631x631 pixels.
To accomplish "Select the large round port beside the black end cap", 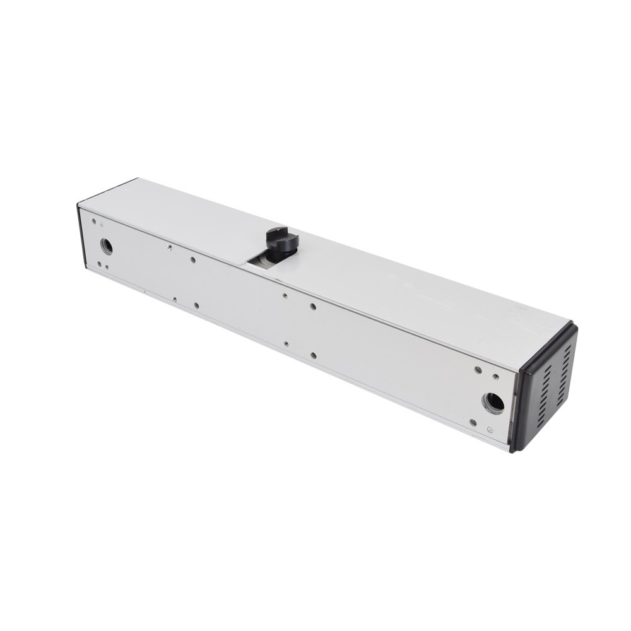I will coord(493,401).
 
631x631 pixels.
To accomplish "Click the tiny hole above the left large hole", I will coord(94,222).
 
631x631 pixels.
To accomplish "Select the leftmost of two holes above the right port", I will coord(478,369).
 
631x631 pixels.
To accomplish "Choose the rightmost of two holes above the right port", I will coord(496,377).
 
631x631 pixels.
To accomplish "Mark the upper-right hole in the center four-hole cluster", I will coord(313,307).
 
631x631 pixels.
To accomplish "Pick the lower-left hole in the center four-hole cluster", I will coord(286,344).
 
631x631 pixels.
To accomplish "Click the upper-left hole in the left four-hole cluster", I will coord(170,248).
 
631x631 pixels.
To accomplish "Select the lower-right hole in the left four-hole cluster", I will coord(197,305).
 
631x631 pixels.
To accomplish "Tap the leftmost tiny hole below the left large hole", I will coord(98,263).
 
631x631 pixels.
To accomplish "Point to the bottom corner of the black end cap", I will coord(514,451).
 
